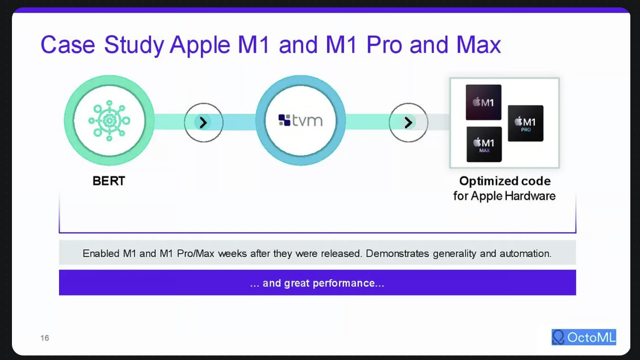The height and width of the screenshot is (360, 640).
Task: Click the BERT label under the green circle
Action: (109, 181)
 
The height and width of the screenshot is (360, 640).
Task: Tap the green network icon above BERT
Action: (109, 121)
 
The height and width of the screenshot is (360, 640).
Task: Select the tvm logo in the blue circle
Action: (300, 121)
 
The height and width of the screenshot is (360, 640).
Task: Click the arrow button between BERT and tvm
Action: (203, 122)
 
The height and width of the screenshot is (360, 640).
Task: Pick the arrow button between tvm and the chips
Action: (408, 122)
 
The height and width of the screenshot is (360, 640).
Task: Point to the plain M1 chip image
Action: (483, 102)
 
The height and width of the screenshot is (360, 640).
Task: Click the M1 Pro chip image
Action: (525, 123)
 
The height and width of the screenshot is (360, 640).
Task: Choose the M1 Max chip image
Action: (484, 144)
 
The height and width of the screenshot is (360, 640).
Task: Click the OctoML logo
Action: (584, 337)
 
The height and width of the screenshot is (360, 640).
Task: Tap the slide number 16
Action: (44, 338)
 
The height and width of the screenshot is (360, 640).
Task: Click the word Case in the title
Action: (68, 44)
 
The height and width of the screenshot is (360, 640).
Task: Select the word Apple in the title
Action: (200, 45)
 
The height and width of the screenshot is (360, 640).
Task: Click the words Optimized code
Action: (505, 181)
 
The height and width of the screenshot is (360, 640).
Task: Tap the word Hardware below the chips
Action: (530, 196)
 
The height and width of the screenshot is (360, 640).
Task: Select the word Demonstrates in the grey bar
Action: (397, 254)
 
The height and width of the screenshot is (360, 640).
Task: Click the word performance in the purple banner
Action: (346, 283)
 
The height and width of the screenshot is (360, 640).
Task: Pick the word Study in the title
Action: (134, 45)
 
